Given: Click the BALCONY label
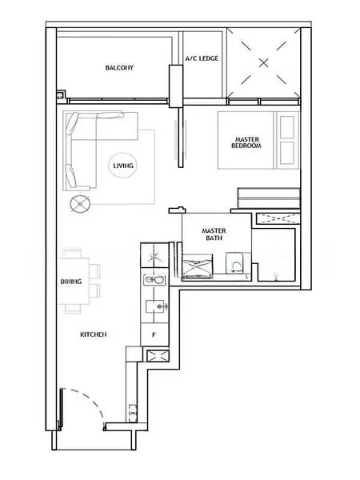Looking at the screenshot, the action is point(119,67).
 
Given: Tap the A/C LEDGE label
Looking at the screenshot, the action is point(202,58).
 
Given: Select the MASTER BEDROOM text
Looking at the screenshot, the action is point(246,142).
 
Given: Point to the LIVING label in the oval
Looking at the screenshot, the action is point(123,166).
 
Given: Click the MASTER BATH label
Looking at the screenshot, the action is point(214,234).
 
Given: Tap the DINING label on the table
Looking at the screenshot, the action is point(71,282).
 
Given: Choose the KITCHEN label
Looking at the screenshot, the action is point(94,334).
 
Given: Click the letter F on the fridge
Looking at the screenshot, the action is point(154,335).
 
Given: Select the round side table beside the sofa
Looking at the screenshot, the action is point(80,204).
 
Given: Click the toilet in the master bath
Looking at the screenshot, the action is point(234,262).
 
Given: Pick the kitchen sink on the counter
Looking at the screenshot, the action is point(154,280).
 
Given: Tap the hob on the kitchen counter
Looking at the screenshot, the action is point(157,306).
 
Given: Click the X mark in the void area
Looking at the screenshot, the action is point(263,63).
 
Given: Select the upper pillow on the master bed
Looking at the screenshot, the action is point(287,127).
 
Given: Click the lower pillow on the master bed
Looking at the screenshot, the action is point(287,153).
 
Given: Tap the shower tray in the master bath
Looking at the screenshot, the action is point(198,266).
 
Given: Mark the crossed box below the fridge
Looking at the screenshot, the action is point(158,356).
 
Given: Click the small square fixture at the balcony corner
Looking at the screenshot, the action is point(61,95).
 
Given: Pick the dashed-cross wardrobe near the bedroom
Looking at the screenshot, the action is point(278,219).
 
